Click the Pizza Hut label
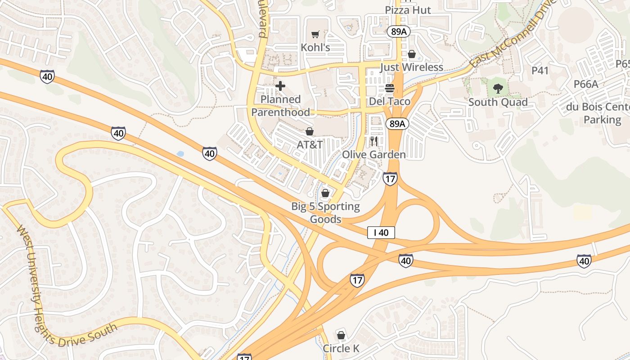click(x=408, y=10)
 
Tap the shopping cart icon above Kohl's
click(x=315, y=35)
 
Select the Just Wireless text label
click(x=411, y=67)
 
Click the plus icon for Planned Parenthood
click(x=280, y=85)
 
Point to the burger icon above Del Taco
click(x=390, y=88)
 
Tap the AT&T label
click(x=310, y=144)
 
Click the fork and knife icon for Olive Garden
click(x=374, y=141)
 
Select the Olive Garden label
click(x=374, y=154)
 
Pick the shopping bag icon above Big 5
click(x=325, y=193)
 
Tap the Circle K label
click(x=341, y=348)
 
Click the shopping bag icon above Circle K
click(x=341, y=335)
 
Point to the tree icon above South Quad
click(x=498, y=89)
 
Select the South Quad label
click(x=498, y=102)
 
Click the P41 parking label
click(x=540, y=70)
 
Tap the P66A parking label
click(x=585, y=84)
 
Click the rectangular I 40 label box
click(x=381, y=233)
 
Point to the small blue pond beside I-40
click(x=180, y=154)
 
